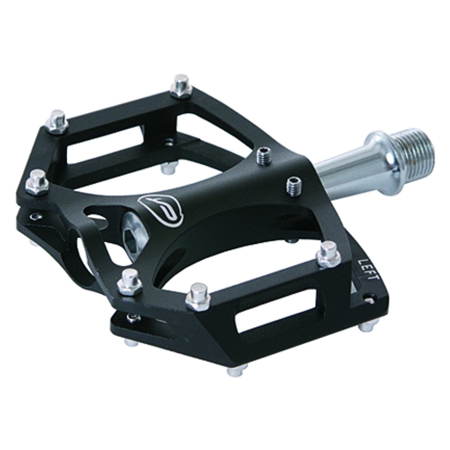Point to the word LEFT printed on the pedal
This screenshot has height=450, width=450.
click(x=368, y=270)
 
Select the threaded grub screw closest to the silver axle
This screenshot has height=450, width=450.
click(x=294, y=186)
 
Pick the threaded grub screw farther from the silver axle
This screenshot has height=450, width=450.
click(x=264, y=155)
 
